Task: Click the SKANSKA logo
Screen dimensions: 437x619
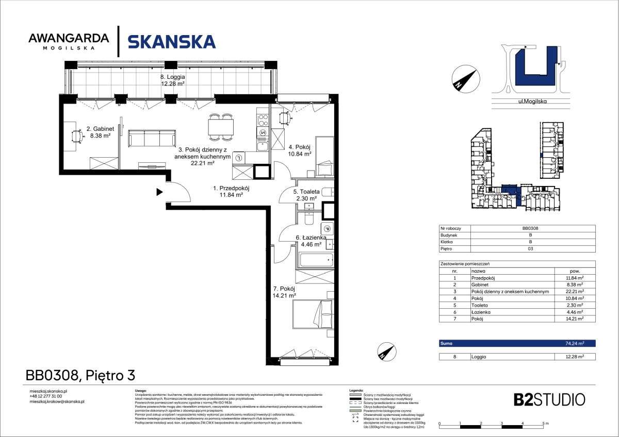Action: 171,41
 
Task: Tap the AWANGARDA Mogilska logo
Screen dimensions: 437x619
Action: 69,41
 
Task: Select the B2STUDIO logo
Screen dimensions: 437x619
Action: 549,399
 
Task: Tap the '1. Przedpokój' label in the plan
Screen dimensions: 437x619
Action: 231,189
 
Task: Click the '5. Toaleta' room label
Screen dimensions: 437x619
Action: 307,192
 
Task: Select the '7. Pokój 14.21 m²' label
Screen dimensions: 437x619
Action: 284,292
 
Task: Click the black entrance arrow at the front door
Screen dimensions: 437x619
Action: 160,193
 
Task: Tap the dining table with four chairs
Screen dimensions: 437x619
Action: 221,126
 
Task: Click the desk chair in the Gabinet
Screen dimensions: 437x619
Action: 77,136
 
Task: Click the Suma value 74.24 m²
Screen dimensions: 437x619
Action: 573,343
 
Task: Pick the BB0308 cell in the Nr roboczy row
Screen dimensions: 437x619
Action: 530,228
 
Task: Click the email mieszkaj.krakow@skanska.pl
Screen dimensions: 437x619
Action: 57,401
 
